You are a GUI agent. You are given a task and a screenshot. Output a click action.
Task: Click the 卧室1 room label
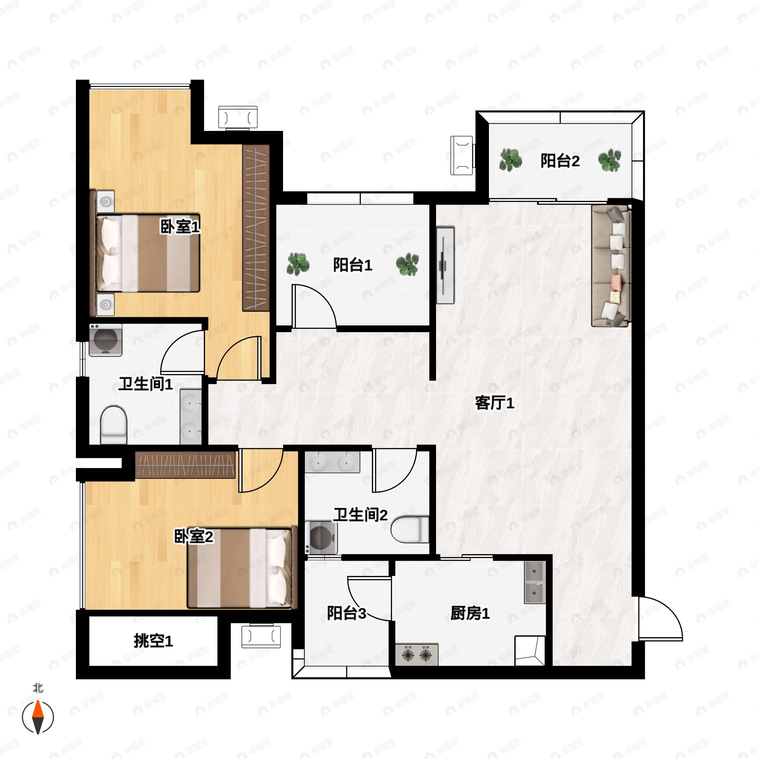pos(180,227)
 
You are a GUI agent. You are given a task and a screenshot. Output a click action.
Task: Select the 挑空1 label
pos(153,641)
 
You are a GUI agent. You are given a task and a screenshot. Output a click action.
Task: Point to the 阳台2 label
pos(560,161)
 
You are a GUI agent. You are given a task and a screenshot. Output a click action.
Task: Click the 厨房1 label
pos(470,613)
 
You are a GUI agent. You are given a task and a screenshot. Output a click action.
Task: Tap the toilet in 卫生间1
pos(114,425)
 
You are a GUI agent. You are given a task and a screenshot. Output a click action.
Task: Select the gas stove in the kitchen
pos(417,655)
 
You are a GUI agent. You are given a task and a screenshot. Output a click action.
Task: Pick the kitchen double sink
pos(535,582)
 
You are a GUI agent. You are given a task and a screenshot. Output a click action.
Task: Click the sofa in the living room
pos(611,266)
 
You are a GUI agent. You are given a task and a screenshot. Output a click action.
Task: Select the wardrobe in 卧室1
pos(256,228)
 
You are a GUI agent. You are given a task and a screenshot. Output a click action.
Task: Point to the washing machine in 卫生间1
pos(106,340)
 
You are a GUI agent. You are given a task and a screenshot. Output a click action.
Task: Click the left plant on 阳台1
pos(298,264)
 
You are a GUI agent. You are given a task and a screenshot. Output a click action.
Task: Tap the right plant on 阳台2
pos(609,160)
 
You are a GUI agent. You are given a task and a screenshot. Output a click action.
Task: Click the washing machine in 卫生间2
pos(321,537)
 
